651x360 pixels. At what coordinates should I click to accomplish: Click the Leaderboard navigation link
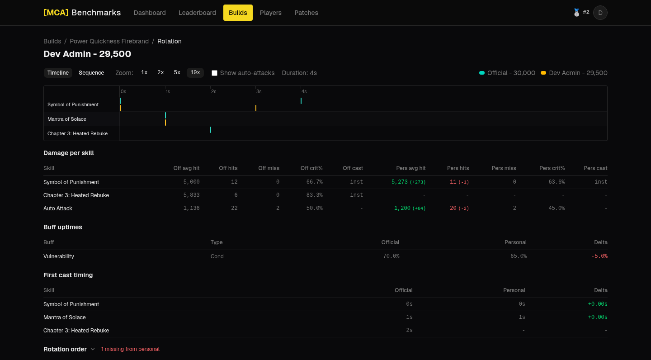pos(197,13)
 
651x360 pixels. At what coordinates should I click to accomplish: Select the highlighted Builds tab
pos(238,13)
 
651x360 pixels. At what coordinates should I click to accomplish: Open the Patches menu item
pos(306,13)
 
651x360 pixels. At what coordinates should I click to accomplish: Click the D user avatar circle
pos(600,13)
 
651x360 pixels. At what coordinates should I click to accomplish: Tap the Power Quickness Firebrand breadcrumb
pos(109,41)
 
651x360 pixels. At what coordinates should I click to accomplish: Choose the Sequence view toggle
pos(91,73)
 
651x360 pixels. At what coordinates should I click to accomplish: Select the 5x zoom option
pos(177,72)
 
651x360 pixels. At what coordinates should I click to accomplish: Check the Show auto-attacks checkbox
pos(214,73)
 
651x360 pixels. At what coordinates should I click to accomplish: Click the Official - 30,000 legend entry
pos(507,73)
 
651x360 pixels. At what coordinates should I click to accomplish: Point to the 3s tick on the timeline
pos(259,91)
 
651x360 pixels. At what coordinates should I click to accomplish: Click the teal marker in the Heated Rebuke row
pos(210,130)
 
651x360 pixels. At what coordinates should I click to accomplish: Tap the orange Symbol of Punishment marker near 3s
pos(256,108)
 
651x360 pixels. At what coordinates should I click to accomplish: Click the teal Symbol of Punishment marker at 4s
pos(301,101)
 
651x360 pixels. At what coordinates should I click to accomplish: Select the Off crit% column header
pos(311,168)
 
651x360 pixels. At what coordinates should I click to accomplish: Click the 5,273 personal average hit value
pos(399,182)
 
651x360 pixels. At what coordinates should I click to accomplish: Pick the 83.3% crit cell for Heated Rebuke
pos(314,195)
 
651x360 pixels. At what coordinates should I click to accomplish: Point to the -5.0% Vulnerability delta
pos(599,256)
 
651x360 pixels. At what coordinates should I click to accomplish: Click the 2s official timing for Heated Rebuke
pos(409,330)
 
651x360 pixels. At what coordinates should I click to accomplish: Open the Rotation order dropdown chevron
pos(92,349)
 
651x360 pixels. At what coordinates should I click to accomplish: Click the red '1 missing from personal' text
pos(130,349)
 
